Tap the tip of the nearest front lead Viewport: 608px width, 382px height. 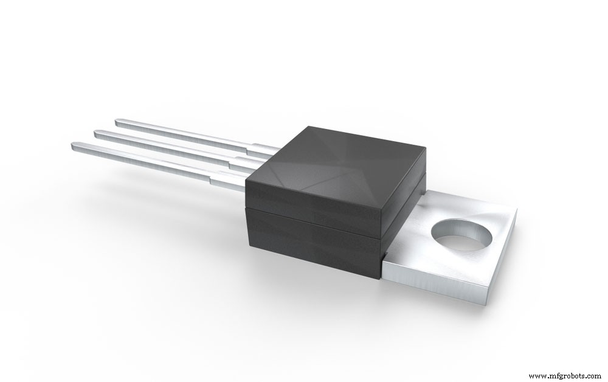(x=74, y=146)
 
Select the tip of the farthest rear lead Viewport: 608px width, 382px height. (x=118, y=123)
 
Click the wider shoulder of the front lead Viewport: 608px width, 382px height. (x=228, y=181)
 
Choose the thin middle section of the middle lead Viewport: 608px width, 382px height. (x=170, y=148)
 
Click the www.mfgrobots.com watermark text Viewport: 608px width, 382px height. (x=564, y=376)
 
